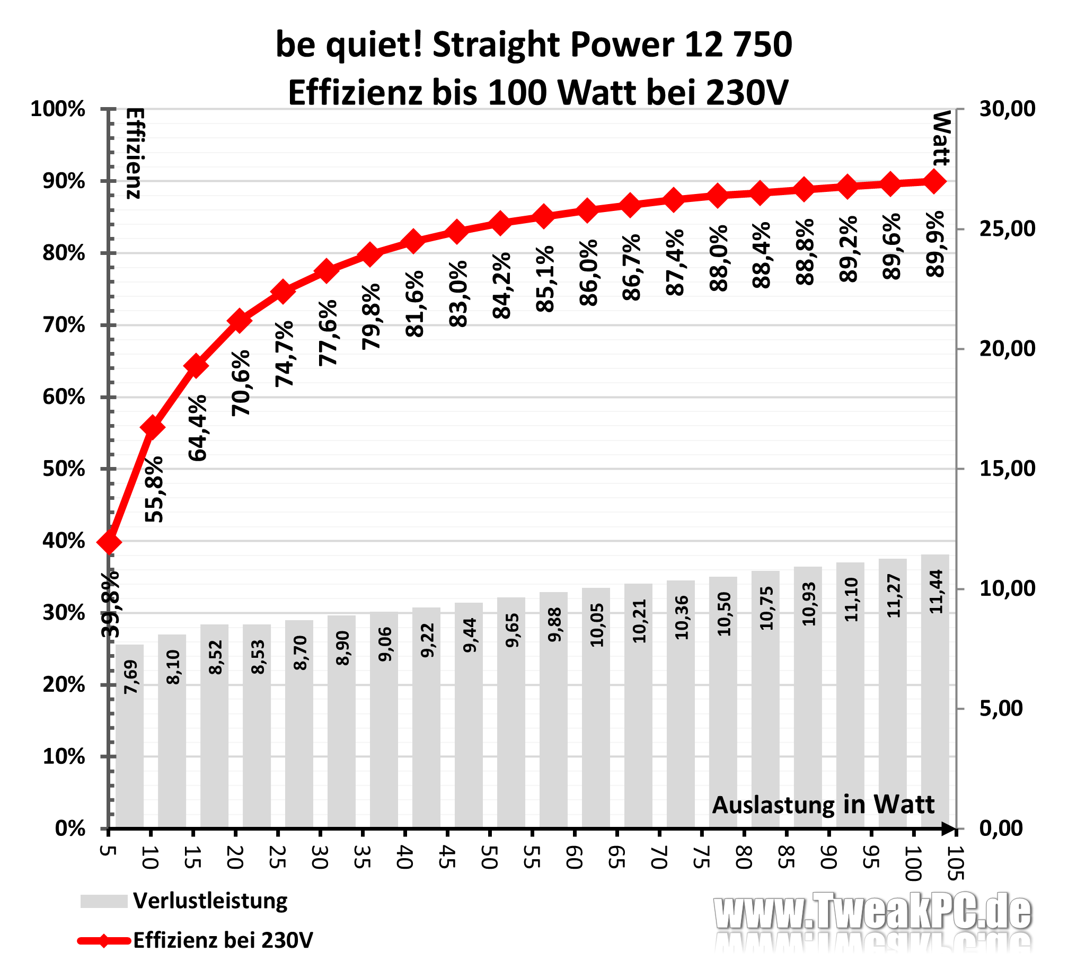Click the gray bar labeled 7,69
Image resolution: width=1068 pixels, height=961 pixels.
(x=129, y=737)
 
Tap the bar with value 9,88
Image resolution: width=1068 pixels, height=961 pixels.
(x=553, y=710)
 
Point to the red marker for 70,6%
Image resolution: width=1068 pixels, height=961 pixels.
(x=239, y=321)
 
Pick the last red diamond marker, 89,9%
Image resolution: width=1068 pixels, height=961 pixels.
(x=935, y=181)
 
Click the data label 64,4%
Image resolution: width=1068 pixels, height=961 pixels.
(x=198, y=428)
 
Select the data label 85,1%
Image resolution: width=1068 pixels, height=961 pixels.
(x=545, y=279)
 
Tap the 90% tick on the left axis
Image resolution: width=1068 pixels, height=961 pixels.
(x=64, y=181)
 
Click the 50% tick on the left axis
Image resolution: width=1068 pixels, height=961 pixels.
(x=64, y=469)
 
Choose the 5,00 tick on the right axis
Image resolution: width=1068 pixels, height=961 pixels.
(x=1001, y=709)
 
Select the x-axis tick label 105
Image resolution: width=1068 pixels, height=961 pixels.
(x=955, y=862)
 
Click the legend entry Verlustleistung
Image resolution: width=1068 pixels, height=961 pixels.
(x=210, y=901)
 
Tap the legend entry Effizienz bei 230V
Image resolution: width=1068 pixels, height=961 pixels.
(x=223, y=940)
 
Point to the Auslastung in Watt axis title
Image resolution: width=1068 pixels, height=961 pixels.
(x=823, y=805)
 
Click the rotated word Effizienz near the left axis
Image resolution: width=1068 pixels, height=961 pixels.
(x=135, y=153)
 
